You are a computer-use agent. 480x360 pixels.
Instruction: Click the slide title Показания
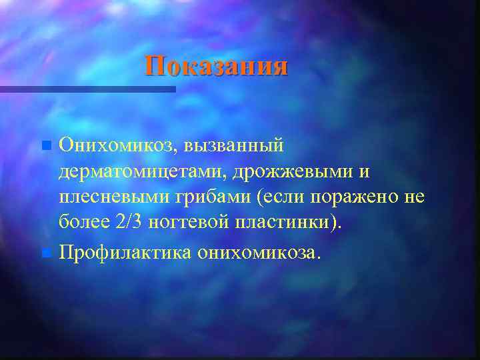pyautogui.click(x=217, y=66)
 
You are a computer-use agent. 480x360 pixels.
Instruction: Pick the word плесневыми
pyautogui.click(x=110, y=199)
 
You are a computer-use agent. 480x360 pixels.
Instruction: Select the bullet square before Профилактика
pyautogui.click(x=45, y=253)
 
